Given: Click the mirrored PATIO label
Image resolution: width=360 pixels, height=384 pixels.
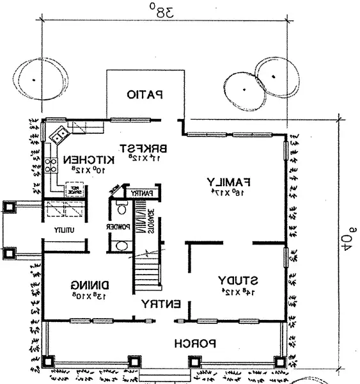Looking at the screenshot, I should pyautogui.click(x=145, y=95).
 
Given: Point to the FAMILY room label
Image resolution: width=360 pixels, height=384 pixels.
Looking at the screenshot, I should pyautogui.click(x=228, y=181).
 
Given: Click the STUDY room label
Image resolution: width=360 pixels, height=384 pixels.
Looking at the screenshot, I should pyautogui.click(x=238, y=280).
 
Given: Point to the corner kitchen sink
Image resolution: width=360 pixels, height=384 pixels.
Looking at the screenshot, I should pyautogui.click(x=60, y=135).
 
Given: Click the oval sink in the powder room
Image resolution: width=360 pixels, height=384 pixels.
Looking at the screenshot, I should pyautogui.click(x=121, y=245).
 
